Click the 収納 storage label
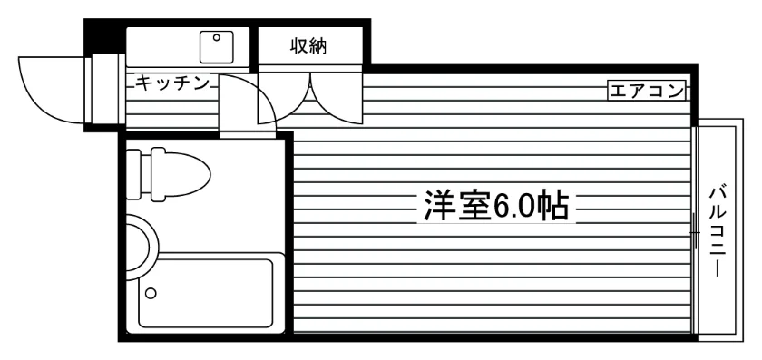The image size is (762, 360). [308, 46]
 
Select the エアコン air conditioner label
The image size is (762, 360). [646, 91]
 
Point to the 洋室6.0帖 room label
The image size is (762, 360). [495, 205]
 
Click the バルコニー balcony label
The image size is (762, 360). [718, 232]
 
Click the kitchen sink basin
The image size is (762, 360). [217, 46]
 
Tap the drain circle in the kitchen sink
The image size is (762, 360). [217, 37]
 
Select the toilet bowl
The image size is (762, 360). [181, 174]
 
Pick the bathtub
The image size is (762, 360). [205, 293]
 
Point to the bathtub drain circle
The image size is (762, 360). [151, 293]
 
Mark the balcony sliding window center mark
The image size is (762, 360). [695, 233]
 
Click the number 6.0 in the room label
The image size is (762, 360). [515, 206]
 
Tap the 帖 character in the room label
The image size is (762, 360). [554, 205]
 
